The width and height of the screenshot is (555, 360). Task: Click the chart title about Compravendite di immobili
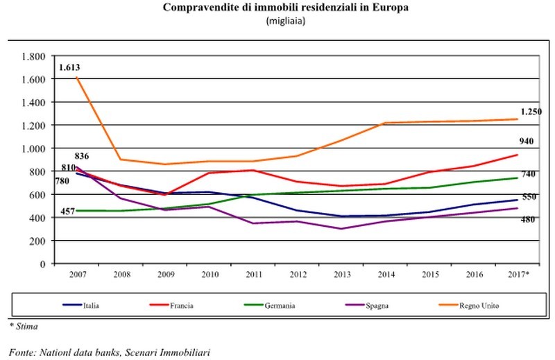tap(286, 8)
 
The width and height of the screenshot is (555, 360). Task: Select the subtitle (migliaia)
tap(286, 21)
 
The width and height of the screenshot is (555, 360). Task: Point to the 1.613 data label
tap(71, 67)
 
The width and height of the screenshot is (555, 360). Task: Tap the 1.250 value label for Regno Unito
tap(531, 112)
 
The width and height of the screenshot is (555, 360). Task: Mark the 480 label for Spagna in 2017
tap(529, 220)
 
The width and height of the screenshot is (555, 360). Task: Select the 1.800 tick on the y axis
tap(33, 56)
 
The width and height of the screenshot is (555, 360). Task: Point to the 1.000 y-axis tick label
tap(33, 148)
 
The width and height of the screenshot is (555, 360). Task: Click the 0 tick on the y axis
tap(42, 264)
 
